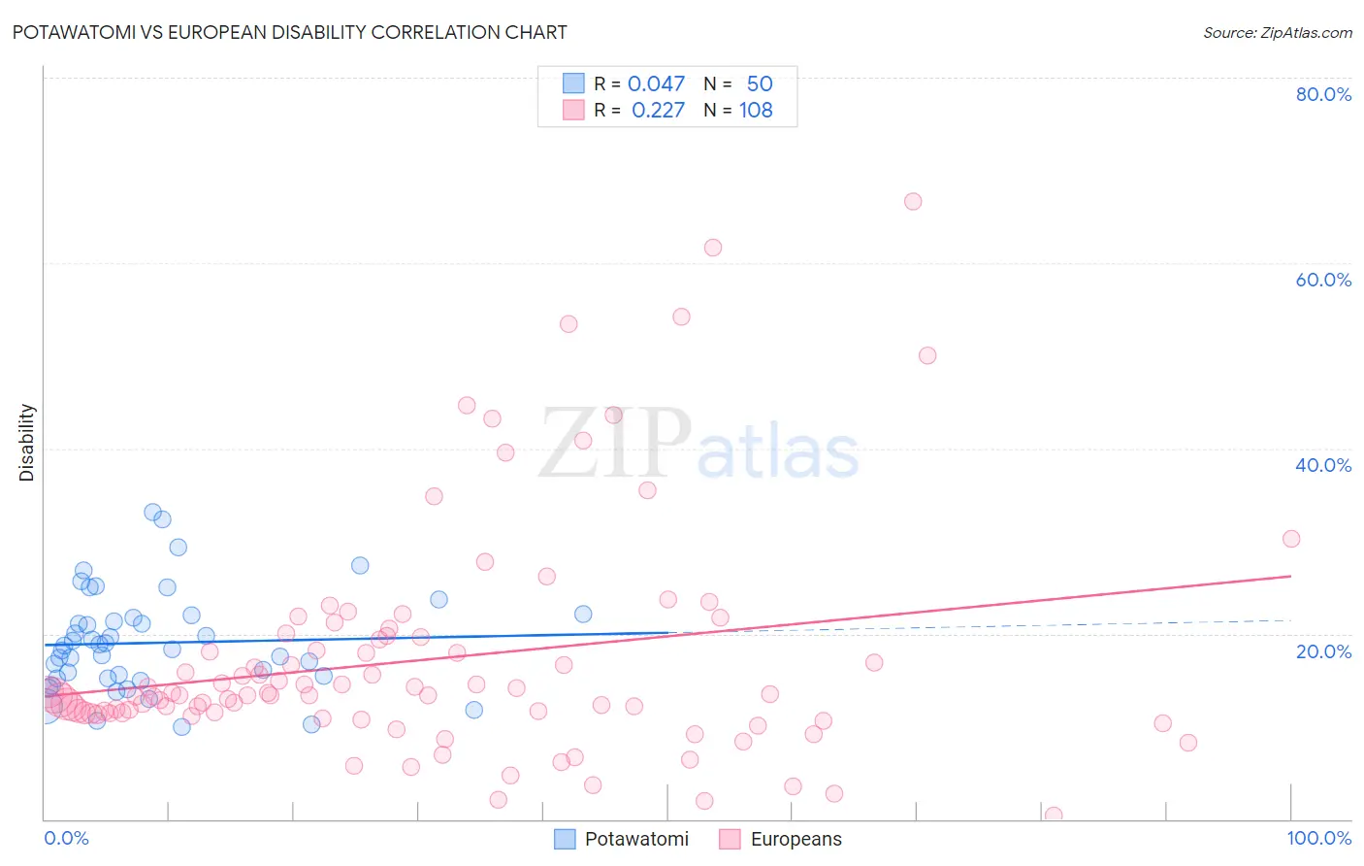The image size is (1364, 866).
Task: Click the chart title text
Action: [290, 32]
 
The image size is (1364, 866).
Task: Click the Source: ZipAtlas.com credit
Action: [1277, 32]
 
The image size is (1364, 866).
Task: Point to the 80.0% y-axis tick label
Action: [1323, 94]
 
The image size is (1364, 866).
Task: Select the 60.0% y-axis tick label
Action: [1323, 280]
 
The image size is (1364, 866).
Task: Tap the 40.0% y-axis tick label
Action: [1323, 465]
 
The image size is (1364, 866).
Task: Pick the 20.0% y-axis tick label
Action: [1323, 650]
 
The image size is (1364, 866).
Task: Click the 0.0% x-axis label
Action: [66, 838]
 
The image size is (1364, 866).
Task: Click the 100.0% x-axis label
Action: [1318, 838]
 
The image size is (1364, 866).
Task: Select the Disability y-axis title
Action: [27, 443]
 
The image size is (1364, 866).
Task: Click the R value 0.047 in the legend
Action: [656, 84]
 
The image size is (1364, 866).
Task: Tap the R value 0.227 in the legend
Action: [658, 111]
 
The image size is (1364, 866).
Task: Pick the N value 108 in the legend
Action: [756, 111]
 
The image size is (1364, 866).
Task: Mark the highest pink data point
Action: [913, 202]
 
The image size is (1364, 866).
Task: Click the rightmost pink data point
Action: [1291, 539]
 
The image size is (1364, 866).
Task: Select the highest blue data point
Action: [152, 512]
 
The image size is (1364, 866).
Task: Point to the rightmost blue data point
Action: [583, 614]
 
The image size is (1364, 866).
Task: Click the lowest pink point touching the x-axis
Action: [1054, 816]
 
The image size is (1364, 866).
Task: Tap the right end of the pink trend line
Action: [1291, 576]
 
